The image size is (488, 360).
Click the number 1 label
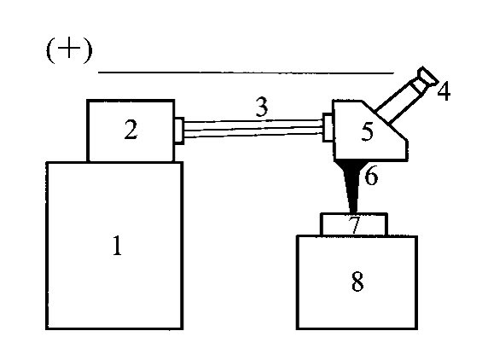tap(117, 246)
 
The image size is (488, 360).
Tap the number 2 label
tap(131, 130)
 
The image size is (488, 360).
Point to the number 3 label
tap(262, 107)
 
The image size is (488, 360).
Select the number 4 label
tap(444, 91)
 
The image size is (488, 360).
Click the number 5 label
tap(367, 131)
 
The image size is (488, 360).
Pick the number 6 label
tap(371, 176)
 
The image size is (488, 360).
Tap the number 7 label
tap(355, 224)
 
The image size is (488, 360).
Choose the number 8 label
tap(357, 282)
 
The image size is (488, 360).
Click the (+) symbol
tap(69, 49)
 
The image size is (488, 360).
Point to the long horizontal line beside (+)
tap(246, 73)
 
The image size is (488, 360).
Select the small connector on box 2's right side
tap(179, 131)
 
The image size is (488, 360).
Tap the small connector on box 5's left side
tap(328, 128)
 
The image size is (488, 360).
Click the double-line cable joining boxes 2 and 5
tap(253, 128)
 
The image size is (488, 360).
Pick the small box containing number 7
tap(354, 224)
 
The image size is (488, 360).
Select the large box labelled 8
tap(357, 282)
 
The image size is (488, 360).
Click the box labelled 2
tap(131, 131)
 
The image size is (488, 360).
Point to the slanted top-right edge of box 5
tap(385, 120)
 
